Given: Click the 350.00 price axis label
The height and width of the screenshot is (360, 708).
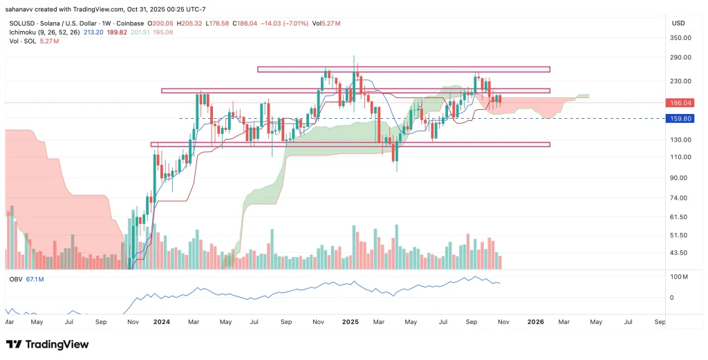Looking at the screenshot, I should click(x=681, y=37).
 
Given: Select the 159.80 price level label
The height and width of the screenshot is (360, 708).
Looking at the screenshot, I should click(x=681, y=118).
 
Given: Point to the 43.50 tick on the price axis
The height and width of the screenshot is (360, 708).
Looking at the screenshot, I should click(x=681, y=253).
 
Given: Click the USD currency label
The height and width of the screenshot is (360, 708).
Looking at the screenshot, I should click(x=678, y=23).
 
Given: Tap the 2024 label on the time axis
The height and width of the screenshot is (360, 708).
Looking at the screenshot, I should click(x=161, y=321).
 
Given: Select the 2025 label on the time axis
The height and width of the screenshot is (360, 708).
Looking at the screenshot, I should click(x=351, y=321).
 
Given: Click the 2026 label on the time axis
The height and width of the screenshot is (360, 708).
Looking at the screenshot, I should click(x=536, y=321).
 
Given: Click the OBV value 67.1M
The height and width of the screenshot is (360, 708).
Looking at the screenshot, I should click(x=35, y=279).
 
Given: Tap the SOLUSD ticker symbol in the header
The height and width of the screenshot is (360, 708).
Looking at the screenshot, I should click(x=20, y=23).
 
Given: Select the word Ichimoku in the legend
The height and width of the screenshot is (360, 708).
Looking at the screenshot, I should click(x=23, y=32).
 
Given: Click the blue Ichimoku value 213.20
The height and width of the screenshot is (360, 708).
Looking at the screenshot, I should click(x=93, y=32).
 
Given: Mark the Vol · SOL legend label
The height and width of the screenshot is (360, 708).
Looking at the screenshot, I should click(x=21, y=41).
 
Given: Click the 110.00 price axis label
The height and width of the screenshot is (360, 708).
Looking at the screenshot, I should click(x=681, y=157).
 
